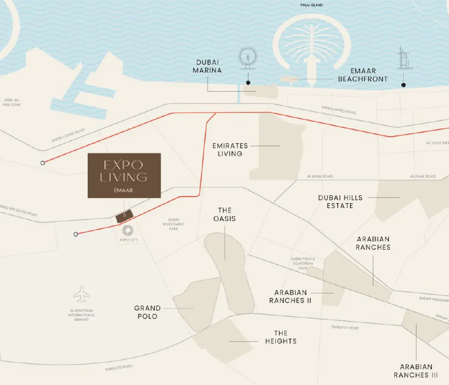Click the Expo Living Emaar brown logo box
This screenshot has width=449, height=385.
[124, 175]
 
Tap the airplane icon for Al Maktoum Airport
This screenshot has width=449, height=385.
[82, 294]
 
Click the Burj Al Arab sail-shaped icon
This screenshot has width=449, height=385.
[403, 58]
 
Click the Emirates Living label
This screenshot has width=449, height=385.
[230, 150]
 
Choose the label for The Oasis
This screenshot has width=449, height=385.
[224, 214]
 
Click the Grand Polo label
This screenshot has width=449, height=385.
[147, 312]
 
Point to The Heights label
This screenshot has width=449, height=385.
[280, 337]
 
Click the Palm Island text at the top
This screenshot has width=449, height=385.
[312, 5]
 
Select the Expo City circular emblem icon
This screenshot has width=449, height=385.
[128, 231]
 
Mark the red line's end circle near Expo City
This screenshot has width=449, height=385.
[76, 234]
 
